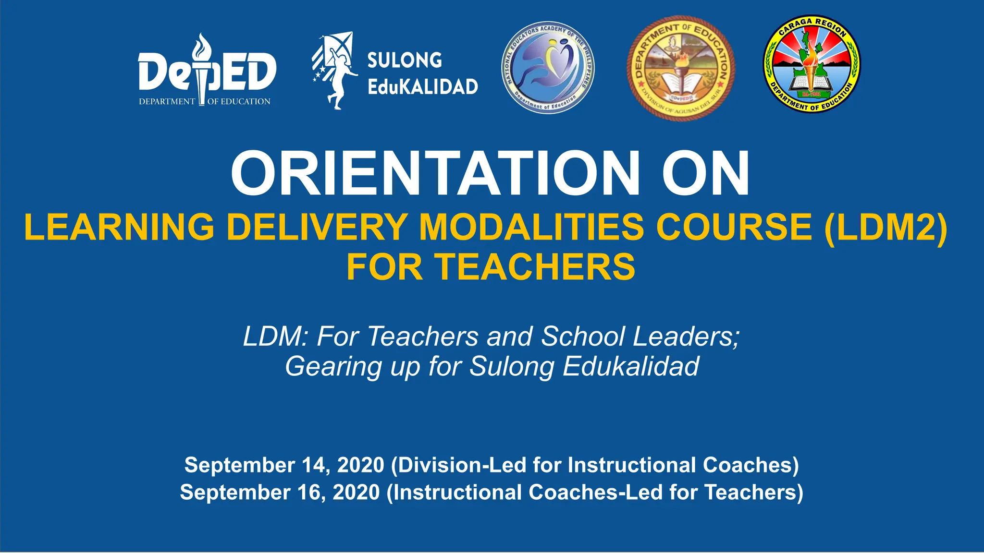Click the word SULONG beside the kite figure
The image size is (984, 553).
[x=405, y=60]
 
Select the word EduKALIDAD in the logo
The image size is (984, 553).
[x=422, y=87]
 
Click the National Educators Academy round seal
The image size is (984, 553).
[x=548, y=68]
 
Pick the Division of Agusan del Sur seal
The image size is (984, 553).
[x=681, y=68]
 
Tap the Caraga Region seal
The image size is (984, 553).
[x=812, y=64]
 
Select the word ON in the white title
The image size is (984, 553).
[x=705, y=173]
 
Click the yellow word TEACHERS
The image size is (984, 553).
[x=535, y=267]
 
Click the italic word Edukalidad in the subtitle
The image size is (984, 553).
[x=631, y=366]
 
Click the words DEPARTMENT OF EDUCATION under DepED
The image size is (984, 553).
[x=205, y=102]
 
